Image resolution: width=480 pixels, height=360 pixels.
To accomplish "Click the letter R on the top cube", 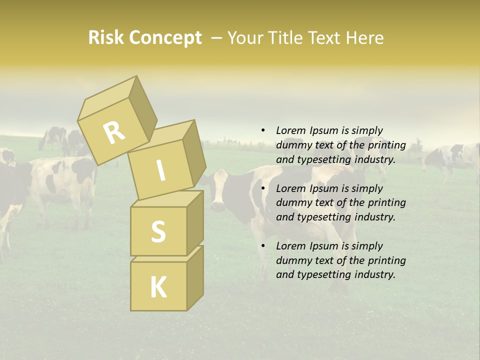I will pos(114,132).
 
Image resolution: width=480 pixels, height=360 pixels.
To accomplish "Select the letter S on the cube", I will pos(158,231).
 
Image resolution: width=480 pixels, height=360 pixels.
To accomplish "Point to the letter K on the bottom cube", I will pos(158,287).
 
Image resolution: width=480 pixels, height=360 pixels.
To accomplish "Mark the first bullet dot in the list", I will pos(263,130).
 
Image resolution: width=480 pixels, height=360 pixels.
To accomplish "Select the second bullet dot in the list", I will pos(263,188).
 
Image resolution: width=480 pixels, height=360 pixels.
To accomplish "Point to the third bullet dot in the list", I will pos(263,246).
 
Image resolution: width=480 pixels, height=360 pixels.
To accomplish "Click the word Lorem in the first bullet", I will pos(291,130).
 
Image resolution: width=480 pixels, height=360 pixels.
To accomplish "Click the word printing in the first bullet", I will pos(386,145).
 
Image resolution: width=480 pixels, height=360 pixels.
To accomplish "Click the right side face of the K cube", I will pos(195,277).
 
